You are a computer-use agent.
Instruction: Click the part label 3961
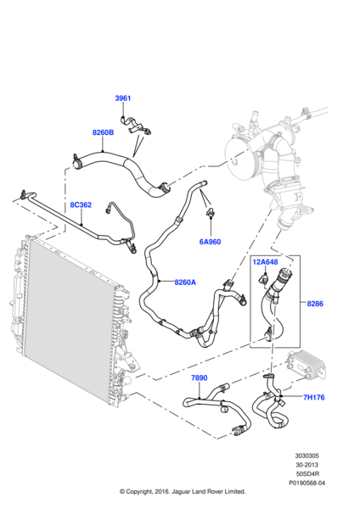(123, 98)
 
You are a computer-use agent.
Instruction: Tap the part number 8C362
(80, 204)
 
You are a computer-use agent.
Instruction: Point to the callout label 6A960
(210, 242)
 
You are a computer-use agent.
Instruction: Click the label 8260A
(185, 282)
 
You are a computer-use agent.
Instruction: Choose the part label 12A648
(265, 262)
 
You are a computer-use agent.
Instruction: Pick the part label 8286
(316, 303)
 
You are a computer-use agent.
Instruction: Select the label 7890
(199, 378)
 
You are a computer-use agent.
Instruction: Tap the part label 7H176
(315, 397)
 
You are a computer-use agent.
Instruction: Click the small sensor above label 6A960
(207, 210)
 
